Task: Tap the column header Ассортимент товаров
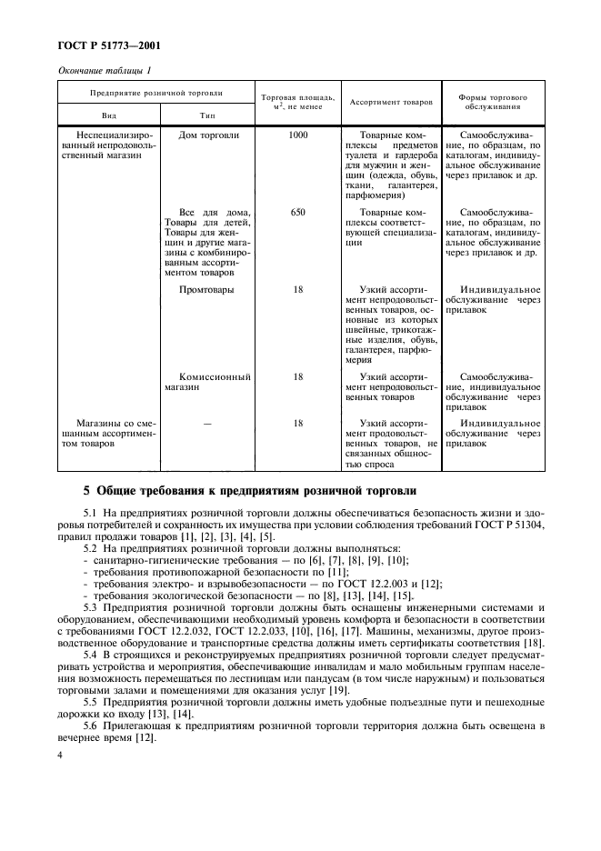[391, 101]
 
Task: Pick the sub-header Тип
[207, 116]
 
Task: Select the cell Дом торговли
[209, 135]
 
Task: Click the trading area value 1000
[298, 135]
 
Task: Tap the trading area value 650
[298, 211]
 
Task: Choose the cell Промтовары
[207, 289]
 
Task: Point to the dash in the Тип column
[207, 423]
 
